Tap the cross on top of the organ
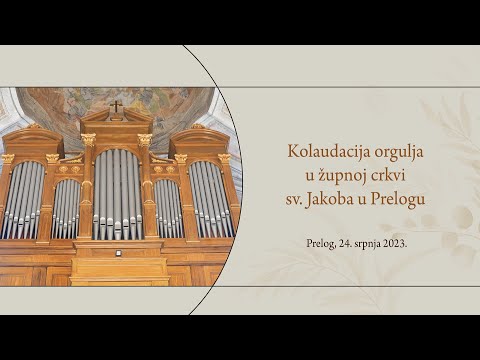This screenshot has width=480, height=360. click(x=116, y=105)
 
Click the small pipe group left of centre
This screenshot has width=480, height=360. click(x=67, y=207)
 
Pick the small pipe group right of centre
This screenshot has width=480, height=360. click(x=167, y=207)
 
